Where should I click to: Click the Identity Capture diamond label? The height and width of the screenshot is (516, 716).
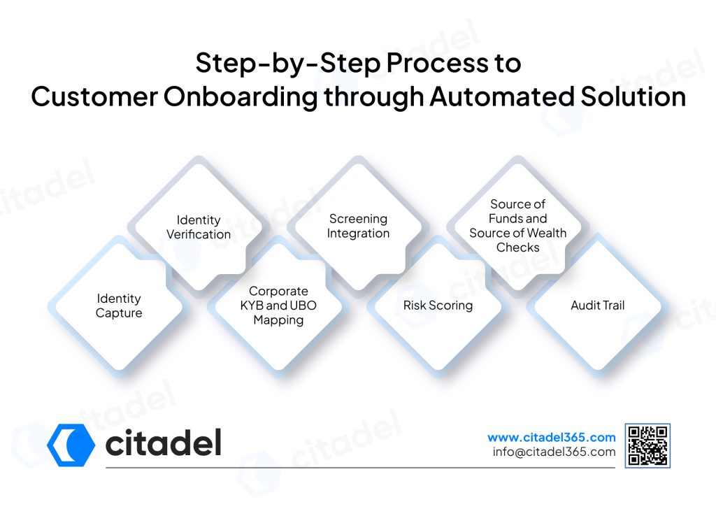119,306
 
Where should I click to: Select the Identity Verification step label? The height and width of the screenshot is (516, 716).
199,227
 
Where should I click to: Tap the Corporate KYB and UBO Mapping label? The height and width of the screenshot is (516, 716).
278,306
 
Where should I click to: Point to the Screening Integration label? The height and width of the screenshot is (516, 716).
359,226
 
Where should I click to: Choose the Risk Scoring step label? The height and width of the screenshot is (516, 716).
438,306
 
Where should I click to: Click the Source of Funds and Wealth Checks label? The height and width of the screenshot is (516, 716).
518,226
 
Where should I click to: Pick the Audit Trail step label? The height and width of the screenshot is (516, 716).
598,305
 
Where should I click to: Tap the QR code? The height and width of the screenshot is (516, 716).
647,445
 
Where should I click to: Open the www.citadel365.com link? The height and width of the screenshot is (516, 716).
552,438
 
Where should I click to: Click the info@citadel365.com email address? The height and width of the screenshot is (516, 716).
554,452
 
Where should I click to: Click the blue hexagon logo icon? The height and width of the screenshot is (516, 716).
71,445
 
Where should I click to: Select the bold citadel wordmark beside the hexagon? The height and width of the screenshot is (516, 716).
164,443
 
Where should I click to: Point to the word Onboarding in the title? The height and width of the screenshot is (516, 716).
241,96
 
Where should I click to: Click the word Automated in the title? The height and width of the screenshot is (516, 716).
501,96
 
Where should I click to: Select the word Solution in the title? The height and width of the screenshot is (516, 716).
633,96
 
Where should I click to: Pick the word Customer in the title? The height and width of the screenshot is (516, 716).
94,96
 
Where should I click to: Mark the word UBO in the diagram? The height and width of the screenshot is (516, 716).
303,306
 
